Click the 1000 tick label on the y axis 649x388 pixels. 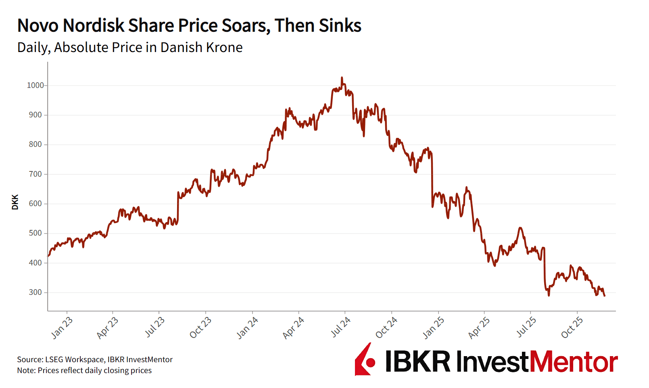35,86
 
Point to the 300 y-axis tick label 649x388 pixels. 35,292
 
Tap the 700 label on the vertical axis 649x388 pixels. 35,174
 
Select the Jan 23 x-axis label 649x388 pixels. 62,328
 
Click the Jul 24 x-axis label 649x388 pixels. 341,327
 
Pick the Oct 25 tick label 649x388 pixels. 572,328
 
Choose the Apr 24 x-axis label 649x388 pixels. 293,328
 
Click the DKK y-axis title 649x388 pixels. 15,202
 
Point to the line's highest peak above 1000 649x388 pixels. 342,77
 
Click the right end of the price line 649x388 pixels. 605,296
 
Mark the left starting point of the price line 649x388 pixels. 48,256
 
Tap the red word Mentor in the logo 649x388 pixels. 573,362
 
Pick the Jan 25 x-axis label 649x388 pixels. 434,328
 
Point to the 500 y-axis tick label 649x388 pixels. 35,233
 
